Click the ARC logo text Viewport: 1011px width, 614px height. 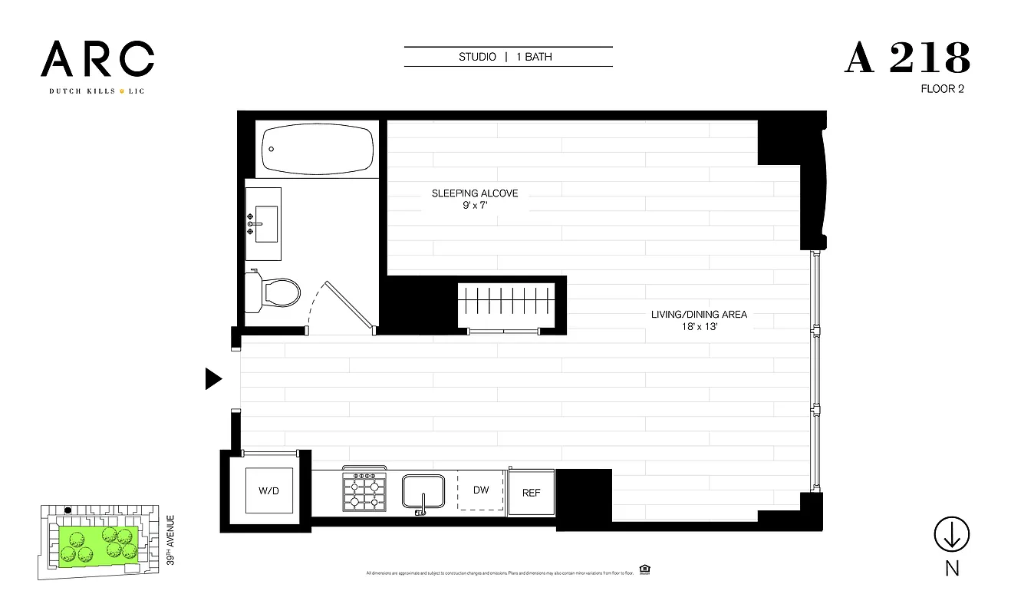(97, 58)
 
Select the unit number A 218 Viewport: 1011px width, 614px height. (907, 58)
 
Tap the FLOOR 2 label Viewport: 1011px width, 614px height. (942, 89)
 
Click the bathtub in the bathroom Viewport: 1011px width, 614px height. (318, 149)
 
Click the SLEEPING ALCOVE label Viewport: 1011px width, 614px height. (475, 193)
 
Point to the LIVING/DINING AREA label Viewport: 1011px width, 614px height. (699, 314)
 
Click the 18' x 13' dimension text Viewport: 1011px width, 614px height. (699, 326)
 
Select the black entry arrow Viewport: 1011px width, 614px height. (213, 379)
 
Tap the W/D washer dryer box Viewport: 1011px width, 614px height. (268, 490)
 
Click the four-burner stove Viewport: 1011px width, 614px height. (364, 492)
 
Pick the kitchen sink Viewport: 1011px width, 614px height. (424, 492)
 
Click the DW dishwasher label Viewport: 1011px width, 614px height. (481, 490)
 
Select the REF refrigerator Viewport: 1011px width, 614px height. (531, 492)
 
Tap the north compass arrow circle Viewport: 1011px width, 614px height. (951, 534)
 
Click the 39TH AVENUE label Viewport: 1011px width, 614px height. (170, 540)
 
